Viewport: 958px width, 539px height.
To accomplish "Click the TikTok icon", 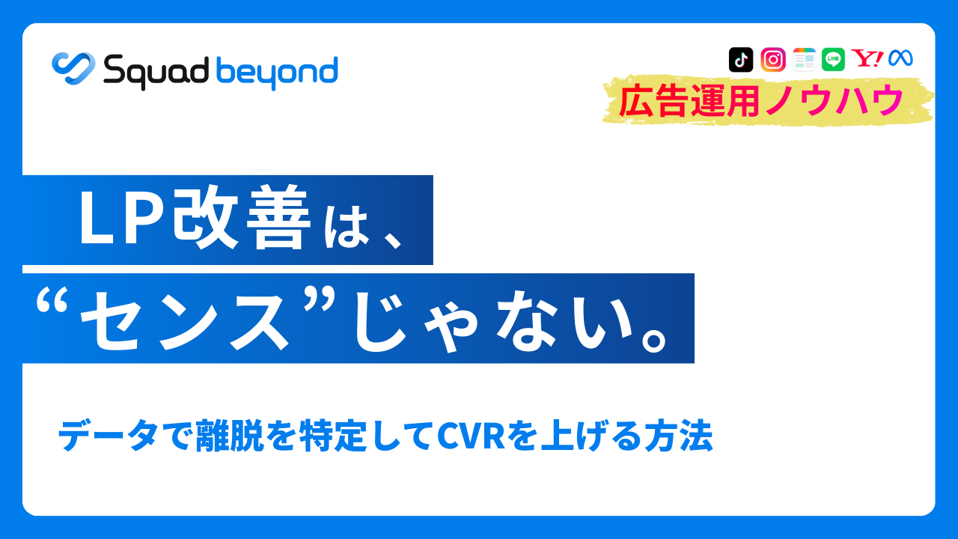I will (740, 59).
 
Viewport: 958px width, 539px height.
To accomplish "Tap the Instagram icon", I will (772, 59).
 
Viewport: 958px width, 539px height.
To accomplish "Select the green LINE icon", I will (833, 59).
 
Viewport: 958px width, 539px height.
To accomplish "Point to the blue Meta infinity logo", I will (900, 58).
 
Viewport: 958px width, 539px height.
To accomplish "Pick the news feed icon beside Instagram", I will (804, 59).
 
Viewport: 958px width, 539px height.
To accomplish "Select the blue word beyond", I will (276, 73).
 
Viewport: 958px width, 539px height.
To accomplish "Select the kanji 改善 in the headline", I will (241, 221).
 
